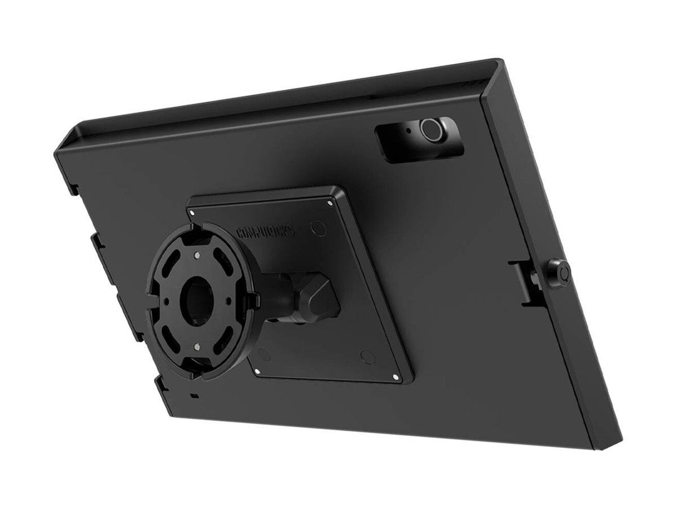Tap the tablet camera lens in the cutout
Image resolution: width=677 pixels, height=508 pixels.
432,130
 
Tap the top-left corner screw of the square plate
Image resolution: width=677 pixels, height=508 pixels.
192,213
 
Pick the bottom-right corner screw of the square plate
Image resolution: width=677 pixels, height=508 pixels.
395,377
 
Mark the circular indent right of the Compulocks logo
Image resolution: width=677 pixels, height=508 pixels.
319,228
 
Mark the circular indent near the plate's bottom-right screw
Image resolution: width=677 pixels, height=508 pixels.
368,357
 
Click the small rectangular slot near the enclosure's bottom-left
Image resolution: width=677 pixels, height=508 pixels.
195,396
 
